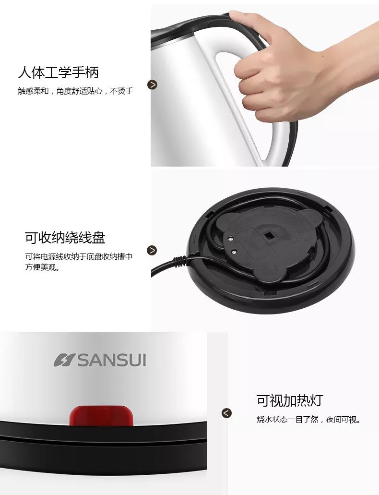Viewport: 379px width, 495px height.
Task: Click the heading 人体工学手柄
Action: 59,72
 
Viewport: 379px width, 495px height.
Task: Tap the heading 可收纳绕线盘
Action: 65,238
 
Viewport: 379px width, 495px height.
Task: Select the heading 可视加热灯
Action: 290,400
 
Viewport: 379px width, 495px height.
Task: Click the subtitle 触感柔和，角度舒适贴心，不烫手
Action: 75,91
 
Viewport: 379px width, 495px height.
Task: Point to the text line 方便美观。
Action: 42,267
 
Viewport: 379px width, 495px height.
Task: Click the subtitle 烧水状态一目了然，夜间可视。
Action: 308,420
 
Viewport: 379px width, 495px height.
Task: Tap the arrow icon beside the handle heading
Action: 152,85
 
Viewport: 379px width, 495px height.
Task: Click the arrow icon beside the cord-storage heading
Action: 152,250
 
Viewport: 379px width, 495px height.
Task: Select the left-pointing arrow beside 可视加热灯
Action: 226,413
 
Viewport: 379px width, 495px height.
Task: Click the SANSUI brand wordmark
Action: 112,360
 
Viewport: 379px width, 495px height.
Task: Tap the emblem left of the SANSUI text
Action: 64,360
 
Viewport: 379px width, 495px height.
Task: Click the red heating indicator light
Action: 101,415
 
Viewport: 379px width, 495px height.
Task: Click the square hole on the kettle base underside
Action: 269,236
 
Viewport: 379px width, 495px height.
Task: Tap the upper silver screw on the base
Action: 230,239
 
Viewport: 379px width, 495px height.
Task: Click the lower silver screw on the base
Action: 234,252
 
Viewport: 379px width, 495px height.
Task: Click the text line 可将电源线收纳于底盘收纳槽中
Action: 79,256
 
